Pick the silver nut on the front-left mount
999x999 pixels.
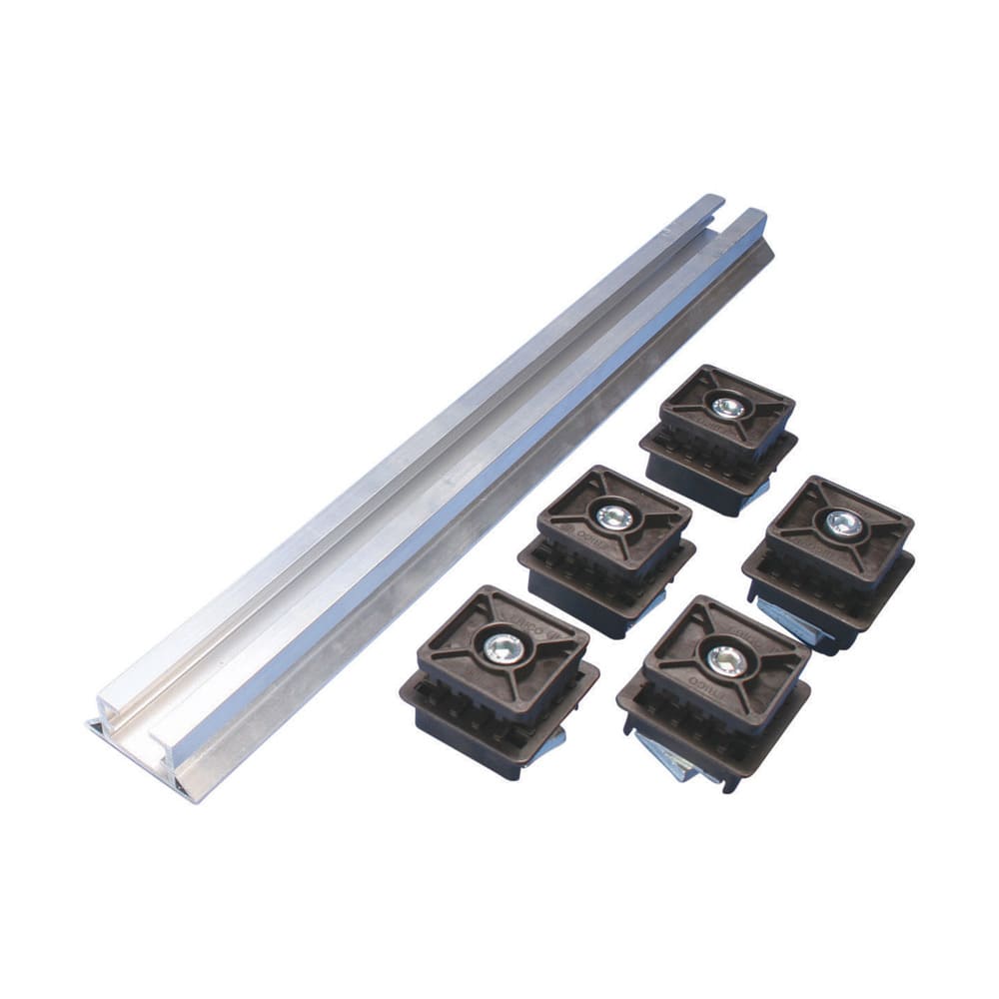pyautogui.click(x=498, y=648)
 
